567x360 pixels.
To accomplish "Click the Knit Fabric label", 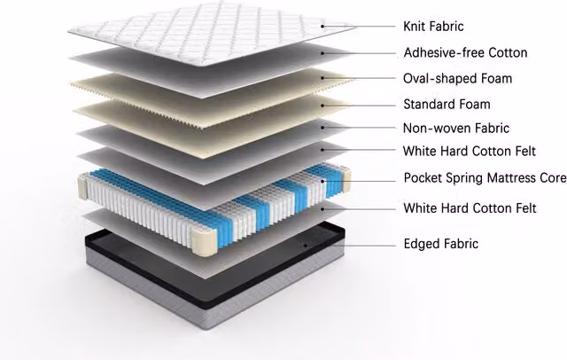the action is (433, 27).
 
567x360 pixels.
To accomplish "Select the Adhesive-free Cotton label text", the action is (465, 53).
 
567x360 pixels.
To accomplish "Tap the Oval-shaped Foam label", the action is (457, 79).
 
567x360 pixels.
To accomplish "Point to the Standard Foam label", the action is (447, 105).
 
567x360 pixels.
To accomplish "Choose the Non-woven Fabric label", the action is (456, 128).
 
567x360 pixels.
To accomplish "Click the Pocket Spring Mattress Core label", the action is (485, 178).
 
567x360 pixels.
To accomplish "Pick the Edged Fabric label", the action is (441, 244).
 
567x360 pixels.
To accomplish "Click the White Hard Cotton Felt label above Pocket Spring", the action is (469, 152).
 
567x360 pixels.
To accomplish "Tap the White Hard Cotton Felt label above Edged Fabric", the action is (470, 208).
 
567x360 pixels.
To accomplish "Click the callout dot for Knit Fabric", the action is (322, 26).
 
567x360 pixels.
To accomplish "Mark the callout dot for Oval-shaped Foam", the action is (322, 78).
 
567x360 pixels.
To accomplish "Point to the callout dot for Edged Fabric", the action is (306, 246).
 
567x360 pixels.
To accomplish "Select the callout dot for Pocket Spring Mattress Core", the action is (322, 181).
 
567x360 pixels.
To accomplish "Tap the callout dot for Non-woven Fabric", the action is (322, 128).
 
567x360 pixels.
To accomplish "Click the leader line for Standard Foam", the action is (359, 106).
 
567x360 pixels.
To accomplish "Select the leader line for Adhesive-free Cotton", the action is (359, 53).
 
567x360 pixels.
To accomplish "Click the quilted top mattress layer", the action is (212, 34).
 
